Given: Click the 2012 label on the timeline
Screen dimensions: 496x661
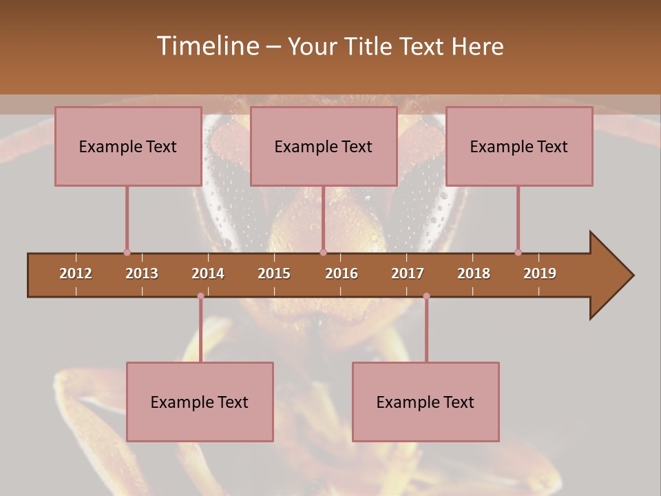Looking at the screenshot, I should click(76, 273).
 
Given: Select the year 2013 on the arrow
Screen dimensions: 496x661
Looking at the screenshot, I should click(142, 273).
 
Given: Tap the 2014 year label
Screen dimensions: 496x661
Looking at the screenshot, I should click(208, 273).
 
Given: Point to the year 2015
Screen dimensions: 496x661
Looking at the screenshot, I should click(274, 273).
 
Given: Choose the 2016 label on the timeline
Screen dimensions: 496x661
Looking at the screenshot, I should click(342, 273).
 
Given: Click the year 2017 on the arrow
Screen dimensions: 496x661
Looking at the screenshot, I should click(408, 273).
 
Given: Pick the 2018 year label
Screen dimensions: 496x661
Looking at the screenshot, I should click(474, 273).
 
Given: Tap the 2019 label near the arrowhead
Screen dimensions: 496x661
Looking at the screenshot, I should click(540, 273).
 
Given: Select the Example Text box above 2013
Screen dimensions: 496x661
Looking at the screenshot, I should click(128, 146).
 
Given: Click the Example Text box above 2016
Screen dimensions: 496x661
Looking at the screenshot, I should click(324, 146).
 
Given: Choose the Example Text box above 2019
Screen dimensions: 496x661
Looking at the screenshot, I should click(519, 146).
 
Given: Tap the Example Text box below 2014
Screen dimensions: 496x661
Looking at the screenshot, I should click(200, 402).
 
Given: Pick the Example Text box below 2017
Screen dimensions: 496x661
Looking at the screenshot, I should click(426, 402).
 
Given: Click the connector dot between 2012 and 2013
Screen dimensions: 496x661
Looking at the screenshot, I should click(127, 252).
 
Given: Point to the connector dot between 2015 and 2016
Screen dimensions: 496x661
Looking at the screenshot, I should click(323, 252).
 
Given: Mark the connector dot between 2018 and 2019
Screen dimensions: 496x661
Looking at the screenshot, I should click(518, 252).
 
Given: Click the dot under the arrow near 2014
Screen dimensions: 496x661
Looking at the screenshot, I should click(200, 296).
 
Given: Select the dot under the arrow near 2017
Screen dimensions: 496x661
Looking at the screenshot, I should click(426, 296).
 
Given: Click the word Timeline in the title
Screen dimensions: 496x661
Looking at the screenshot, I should click(207, 46).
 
